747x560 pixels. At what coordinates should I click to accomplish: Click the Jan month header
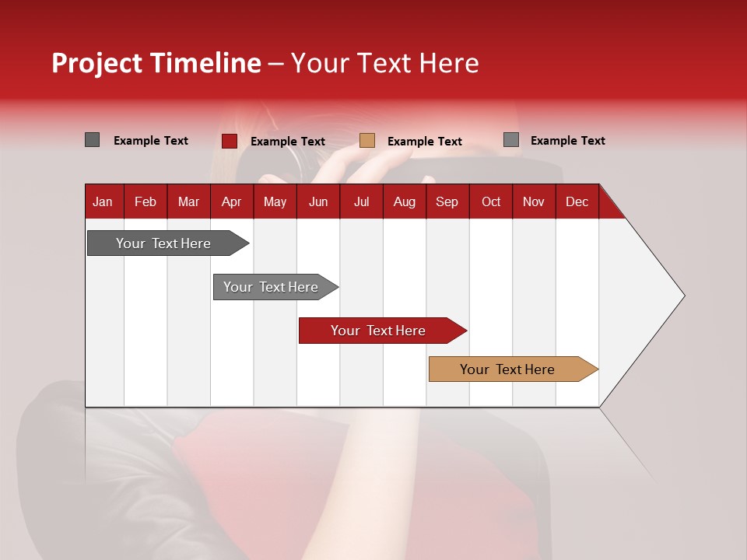[103, 201]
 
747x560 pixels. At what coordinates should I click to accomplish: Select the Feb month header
[146, 201]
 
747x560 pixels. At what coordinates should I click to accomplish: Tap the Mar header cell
[188, 201]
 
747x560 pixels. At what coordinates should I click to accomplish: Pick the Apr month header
[232, 201]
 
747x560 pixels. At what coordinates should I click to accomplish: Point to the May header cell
[275, 201]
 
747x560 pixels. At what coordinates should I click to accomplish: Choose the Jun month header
[318, 201]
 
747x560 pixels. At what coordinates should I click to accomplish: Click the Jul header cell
[361, 201]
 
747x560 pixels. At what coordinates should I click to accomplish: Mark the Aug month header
[405, 201]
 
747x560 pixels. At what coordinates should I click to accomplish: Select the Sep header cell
[447, 201]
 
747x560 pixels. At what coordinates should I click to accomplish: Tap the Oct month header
[491, 201]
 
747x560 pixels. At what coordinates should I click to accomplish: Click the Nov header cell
[534, 201]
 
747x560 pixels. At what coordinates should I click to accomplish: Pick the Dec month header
[577, 201]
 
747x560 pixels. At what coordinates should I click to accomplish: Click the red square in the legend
[230, 141]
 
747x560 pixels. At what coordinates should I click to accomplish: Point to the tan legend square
[367, 141]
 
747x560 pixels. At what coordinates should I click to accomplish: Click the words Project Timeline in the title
[156, 63]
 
